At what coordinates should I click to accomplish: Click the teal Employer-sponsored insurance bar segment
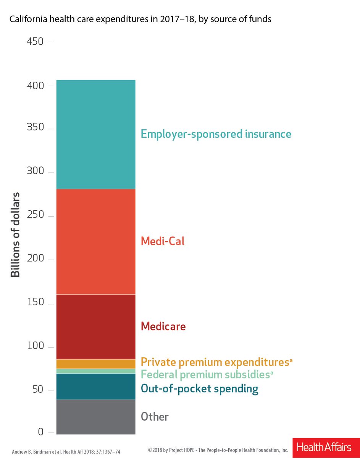(95, 134)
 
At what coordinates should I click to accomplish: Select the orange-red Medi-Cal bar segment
(95, 242)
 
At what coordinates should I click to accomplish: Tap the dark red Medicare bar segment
(95, 327)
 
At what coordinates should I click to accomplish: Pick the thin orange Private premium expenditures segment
(95, 364)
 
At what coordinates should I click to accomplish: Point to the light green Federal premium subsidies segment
(95, 371)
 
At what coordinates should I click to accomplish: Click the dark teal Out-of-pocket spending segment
(95, 386)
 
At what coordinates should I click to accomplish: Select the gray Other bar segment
(95, 417)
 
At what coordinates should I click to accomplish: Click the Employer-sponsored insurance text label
(216, 134)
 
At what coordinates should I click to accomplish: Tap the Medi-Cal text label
(163, 241)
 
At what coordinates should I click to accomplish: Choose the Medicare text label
(163, 326)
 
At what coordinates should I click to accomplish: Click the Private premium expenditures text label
(216, 362)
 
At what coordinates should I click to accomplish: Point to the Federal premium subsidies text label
(207, 375)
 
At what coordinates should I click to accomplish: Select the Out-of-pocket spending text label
(199, 389)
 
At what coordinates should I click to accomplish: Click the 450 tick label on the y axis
(35, 41)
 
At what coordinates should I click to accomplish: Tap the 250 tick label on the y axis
(35, 216)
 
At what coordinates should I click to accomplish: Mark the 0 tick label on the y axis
(40, 432)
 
